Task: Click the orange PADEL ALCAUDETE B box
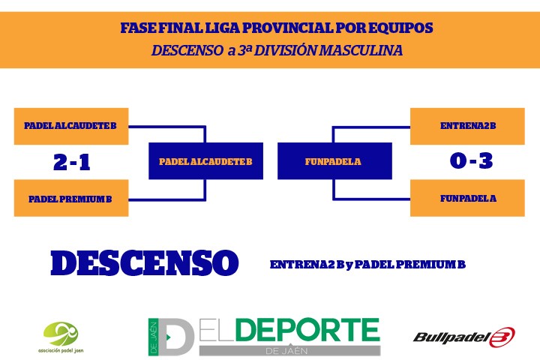click(71, 126)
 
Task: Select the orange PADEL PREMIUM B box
click(71, 198)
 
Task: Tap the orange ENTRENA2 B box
click(467, 126)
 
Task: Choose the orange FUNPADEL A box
click(467, 198)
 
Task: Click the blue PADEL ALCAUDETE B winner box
click(205, 161)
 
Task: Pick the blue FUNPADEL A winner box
click(334, 161)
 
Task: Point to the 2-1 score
click(72, 162)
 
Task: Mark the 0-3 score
click(471, 160)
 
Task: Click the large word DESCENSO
click(145, 262)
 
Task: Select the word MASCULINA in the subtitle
click(361, 50)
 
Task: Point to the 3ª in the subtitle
click(244, 50)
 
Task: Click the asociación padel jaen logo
click(61, 337)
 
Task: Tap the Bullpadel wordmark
click(451, 337)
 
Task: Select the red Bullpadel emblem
click(502, 337)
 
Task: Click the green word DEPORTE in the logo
click(307, 330)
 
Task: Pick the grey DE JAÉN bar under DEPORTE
click(290, 350)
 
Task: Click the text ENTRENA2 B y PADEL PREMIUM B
click(367, 265)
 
